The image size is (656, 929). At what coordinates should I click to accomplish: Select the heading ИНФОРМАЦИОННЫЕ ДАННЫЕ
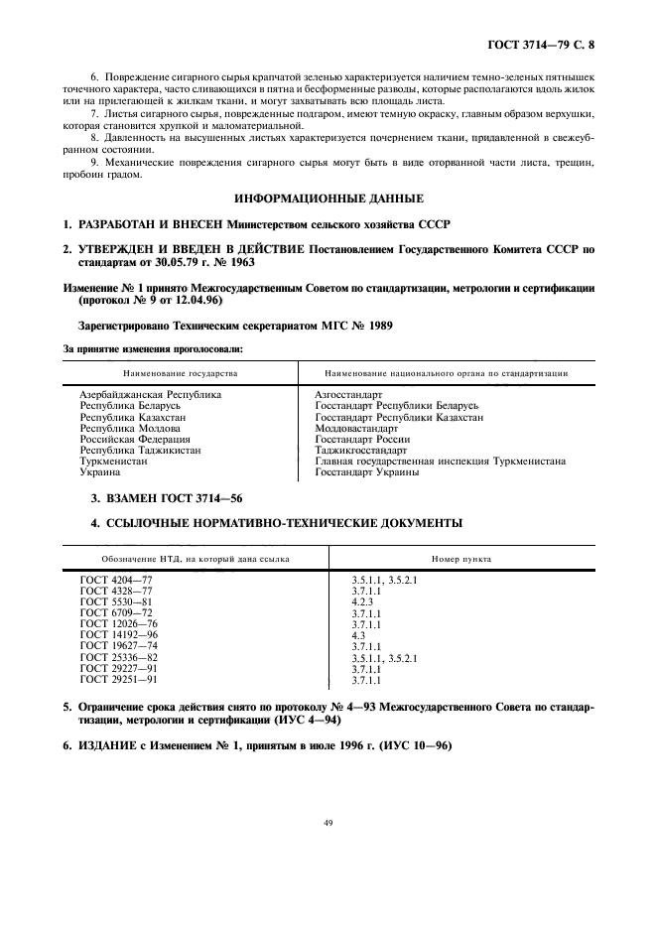(328, 199)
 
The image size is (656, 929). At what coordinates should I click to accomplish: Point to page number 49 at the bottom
(328, 821)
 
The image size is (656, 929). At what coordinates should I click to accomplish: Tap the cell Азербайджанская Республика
(150, 394)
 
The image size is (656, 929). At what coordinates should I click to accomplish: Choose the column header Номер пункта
(462, 559)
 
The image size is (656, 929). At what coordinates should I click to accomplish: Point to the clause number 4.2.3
(362, 600)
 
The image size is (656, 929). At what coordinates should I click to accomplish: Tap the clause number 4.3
(358, 634)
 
